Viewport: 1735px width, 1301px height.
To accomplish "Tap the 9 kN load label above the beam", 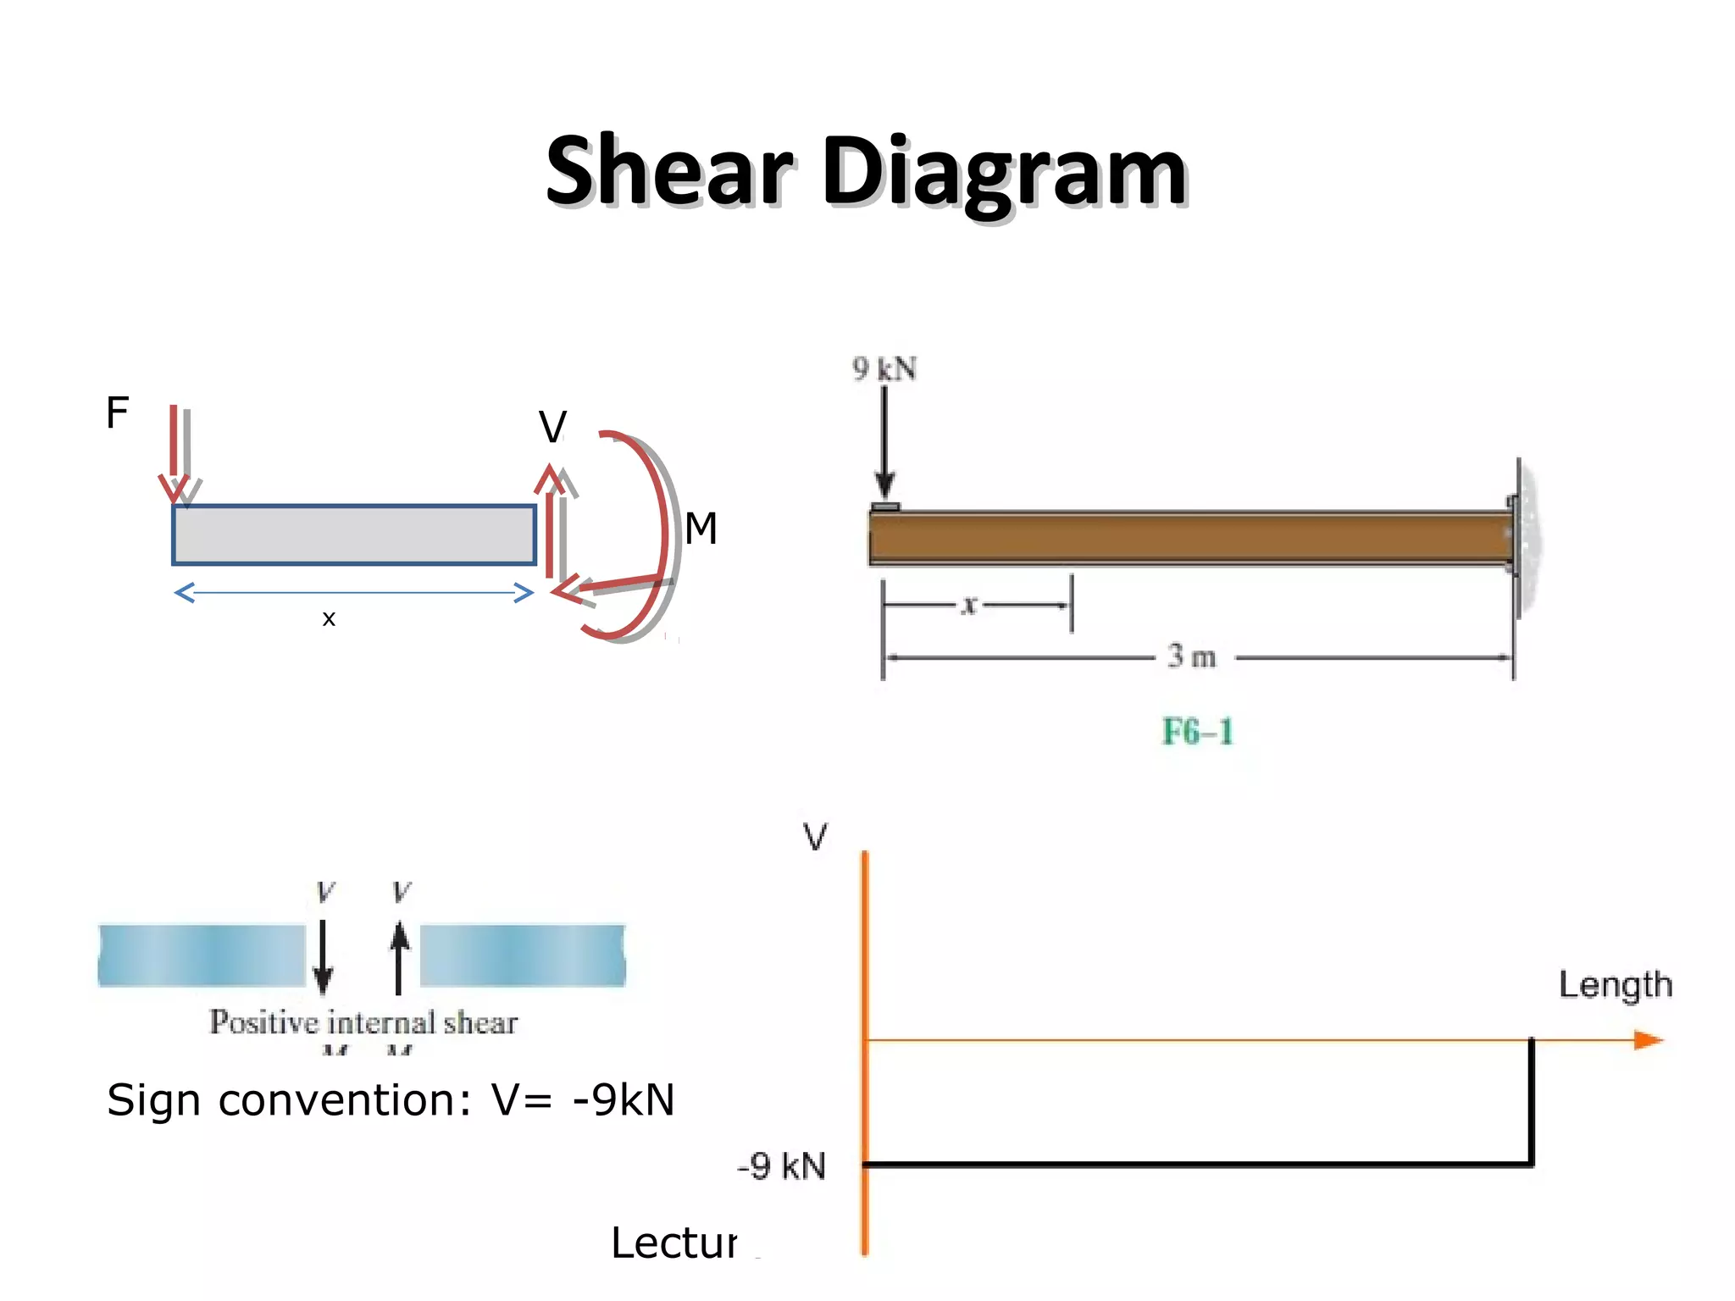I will point(884,369).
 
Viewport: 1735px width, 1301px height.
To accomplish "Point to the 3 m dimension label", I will point(1192,656).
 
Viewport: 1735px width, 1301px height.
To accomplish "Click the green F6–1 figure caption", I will point(1197,731).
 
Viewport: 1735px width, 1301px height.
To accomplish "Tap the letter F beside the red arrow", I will point(117,412).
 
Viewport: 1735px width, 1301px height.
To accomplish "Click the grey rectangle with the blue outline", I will point(354,534).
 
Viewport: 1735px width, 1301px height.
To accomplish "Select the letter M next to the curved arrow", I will point(701,529).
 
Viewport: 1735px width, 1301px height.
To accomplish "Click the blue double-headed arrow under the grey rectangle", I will point(354,592).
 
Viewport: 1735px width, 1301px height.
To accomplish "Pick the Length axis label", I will point(1615,985).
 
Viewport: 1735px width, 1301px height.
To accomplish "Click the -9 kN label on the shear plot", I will point(781,1166).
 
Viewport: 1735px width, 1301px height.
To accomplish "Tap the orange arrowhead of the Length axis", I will point(1648,1039).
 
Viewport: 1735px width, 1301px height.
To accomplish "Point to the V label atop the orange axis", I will point(815,837).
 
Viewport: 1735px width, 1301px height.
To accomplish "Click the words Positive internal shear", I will point(363,1022).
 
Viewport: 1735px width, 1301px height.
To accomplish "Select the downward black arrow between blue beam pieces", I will point(323,957).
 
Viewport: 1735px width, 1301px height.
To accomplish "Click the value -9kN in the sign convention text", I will point(624,1100).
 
